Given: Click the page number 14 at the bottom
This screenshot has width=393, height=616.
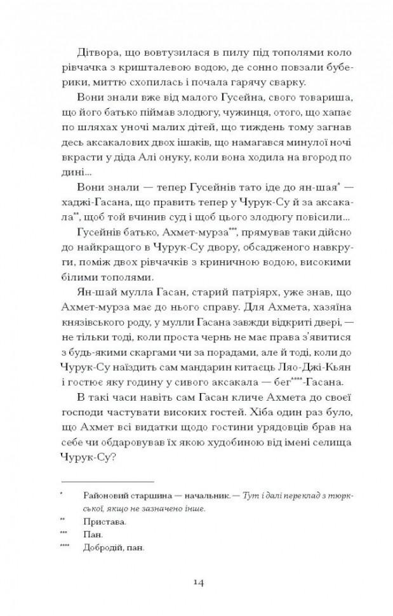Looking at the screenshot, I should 196,582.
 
